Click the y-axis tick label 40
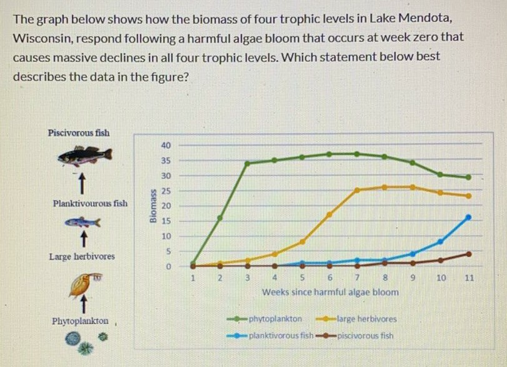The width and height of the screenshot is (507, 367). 165,145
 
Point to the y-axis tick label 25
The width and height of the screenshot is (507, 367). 165,191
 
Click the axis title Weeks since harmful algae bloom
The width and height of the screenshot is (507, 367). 331,292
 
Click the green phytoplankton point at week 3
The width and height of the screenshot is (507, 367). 247,163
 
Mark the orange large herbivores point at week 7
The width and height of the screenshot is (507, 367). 357,190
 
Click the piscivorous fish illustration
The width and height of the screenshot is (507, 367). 84,154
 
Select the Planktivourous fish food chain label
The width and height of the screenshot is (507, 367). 90,203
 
